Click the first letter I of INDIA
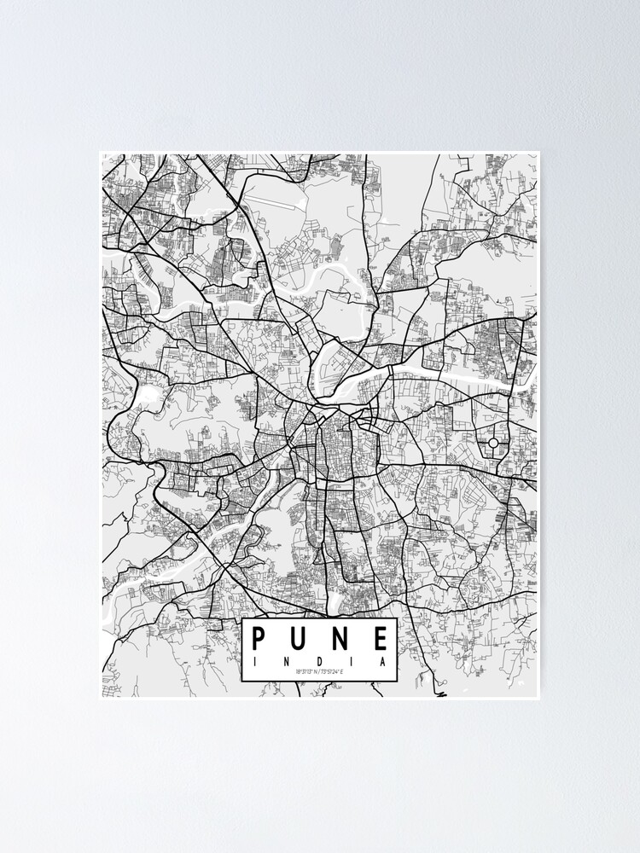(253, 660)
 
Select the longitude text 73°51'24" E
(330, 672)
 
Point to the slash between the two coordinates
(318, 672)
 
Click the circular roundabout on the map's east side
(493, 444)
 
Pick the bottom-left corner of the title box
(242, 682)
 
